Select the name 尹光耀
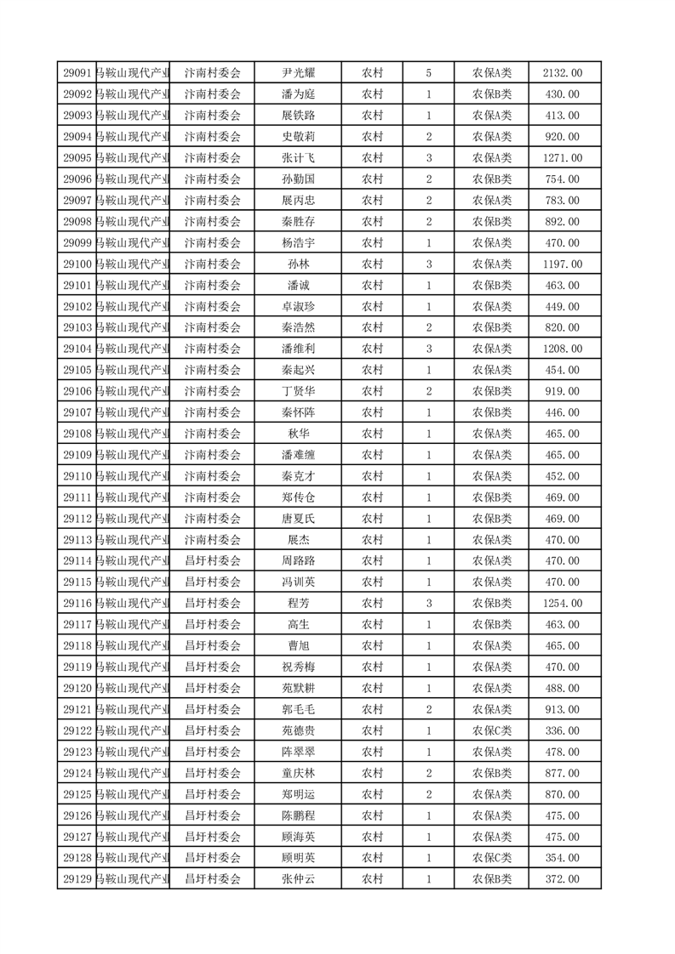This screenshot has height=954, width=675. tap(298, 73)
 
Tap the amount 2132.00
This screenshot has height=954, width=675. tap(563, 73)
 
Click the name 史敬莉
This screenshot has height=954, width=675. tap(298, 137)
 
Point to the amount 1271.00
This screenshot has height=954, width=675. tap(563, 158)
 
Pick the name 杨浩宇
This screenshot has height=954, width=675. tap(298, 242)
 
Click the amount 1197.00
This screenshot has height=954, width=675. tap(563, 264)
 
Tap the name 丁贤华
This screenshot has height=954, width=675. tap(298, 391)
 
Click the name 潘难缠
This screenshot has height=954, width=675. tap(298, 455)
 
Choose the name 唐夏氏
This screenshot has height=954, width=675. tap(298, 519)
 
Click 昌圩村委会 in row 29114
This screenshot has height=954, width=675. tap(213, 561)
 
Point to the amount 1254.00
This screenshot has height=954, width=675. tap(563, 604)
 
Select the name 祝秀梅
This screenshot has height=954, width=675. tap(298, 667)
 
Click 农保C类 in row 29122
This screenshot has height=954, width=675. tap(492, 730)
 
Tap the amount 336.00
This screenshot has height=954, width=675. tap(563, 730)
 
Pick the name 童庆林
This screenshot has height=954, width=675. tap(298, 773)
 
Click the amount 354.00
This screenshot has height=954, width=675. tap(563, 858)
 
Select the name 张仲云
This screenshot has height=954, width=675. tap(298, 879)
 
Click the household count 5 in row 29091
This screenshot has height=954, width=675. tap(428, 73)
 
